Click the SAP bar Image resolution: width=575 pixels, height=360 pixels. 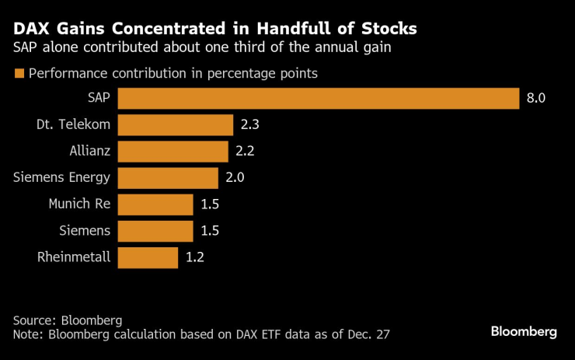tap(319, 99)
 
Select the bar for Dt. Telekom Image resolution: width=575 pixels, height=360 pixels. tap(176, 125)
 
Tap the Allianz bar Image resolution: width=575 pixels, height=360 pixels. tap(173, 152)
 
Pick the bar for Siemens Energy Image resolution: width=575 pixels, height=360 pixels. tap(169, 178)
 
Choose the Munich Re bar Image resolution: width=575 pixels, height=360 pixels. tap(155, 204)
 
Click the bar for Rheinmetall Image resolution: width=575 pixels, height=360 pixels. tap(148, 257)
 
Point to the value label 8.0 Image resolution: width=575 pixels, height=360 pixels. tap(537, 99)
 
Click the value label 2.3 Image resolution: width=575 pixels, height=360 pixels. tap(251, 125)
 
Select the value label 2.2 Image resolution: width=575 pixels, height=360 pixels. tap(246, 152)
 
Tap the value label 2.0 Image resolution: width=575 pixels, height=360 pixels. tap(235, 178)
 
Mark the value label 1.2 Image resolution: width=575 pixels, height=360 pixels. tap(194, 257)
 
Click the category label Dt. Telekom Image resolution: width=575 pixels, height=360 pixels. tap(74, 125)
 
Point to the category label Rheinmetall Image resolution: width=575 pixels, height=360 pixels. tap(74, 257)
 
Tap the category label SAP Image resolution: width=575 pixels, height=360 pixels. tap(99, 99)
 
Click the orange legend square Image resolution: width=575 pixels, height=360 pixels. tap(19, 74)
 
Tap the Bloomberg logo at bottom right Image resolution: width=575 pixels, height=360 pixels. tap(524, 331)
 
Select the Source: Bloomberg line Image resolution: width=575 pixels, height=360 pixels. tap(68, 320)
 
